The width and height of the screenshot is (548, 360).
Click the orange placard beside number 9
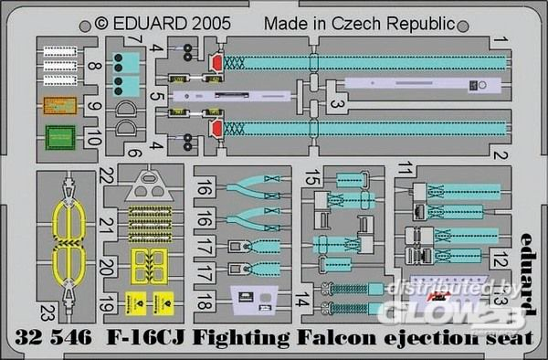point(60,107)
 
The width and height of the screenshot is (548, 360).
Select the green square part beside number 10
point(60,139)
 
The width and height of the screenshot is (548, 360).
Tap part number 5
point(157,96)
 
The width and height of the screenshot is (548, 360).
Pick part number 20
point(109,266)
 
